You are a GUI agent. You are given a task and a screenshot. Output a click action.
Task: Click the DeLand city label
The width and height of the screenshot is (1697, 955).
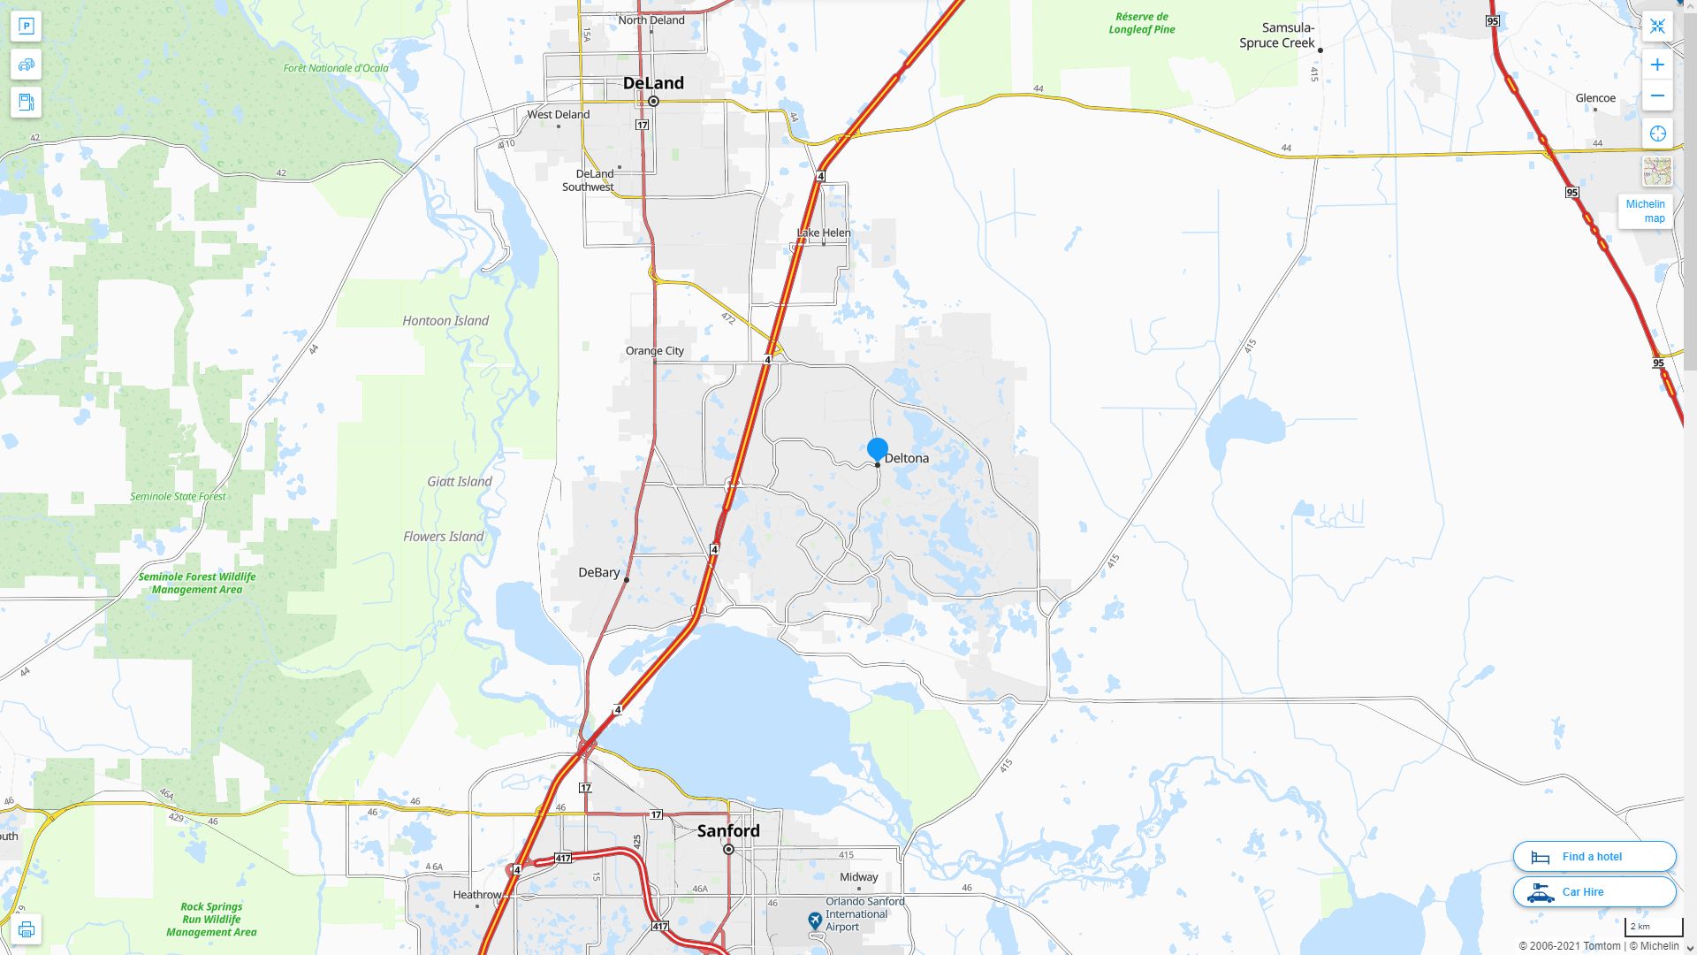(653, 83)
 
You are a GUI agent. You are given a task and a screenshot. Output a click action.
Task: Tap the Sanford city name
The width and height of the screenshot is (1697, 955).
(728, 831)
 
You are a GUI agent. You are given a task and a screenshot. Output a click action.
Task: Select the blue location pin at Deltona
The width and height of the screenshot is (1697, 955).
(878, 449)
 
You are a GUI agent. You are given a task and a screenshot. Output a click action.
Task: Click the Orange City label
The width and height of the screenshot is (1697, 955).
(655, 351)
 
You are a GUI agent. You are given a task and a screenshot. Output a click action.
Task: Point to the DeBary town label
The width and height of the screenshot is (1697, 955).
(599, 573)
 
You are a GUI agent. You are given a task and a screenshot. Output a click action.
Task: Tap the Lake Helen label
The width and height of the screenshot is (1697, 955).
(824, 233)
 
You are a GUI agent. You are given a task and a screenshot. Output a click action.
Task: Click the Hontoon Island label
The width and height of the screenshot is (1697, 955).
(445, 321)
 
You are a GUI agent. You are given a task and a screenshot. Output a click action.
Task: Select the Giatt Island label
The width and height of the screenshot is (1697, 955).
(460, 482)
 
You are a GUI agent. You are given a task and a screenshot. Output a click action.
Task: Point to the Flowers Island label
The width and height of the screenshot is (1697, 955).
(444, 537)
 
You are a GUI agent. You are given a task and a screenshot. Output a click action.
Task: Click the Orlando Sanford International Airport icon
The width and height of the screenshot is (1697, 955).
(815, 921)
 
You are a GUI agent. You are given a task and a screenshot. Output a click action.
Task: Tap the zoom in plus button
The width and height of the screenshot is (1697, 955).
(1657, 65)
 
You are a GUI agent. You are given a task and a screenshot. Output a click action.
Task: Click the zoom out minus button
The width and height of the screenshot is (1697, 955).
(1657, 95)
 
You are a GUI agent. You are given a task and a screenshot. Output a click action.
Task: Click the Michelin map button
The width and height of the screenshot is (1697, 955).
(1646, 211)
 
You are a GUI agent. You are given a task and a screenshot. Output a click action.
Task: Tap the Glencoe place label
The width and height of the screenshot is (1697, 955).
(1595, 98)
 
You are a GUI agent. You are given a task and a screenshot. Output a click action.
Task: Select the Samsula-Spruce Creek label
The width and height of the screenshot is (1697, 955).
(1277, 35)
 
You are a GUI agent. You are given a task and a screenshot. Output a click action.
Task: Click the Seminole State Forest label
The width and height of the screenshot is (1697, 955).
(178, 496)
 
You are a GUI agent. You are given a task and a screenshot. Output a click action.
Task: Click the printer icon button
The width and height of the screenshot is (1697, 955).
(27, 929)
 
